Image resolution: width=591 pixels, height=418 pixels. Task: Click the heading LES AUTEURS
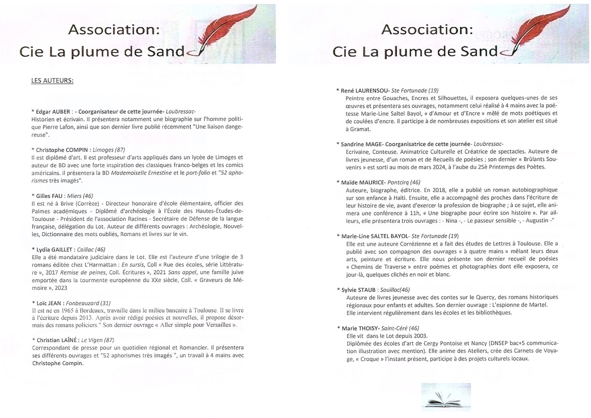click(52, 80)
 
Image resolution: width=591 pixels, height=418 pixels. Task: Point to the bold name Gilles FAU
click(49, 196)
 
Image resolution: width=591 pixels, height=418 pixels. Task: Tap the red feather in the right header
click(545, 32)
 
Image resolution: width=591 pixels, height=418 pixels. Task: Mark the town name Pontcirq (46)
click(405, 182)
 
